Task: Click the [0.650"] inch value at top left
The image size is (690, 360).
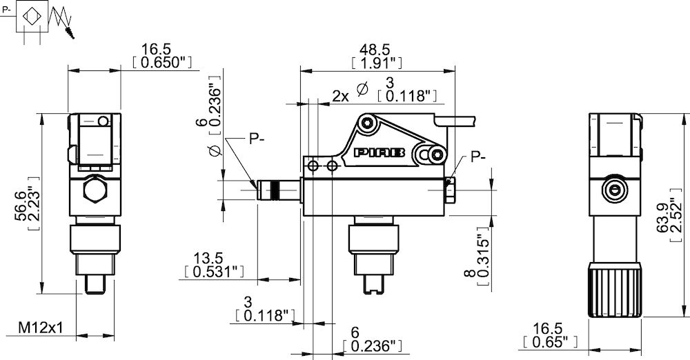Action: pyautogui.click(x=161, y=63)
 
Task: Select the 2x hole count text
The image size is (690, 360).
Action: pyautogui.click(x=340, y=96)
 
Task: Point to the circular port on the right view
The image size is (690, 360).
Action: pyautogui.click(x=613, y=189)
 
